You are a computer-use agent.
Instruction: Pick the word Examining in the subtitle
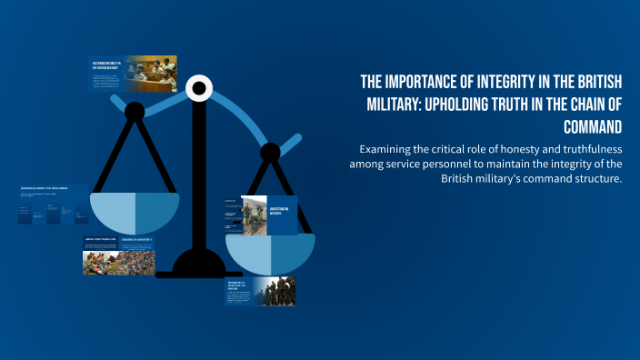[x=389, y=148]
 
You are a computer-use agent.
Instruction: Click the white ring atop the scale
[x=198, y=88]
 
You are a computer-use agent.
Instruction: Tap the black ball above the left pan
[x=135, y=112]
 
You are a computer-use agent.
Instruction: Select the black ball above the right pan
[x=270, y=151]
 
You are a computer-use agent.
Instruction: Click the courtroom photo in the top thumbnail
[x=152, y=74]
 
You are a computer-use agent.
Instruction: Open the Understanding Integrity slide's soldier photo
[x=254, y=215]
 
